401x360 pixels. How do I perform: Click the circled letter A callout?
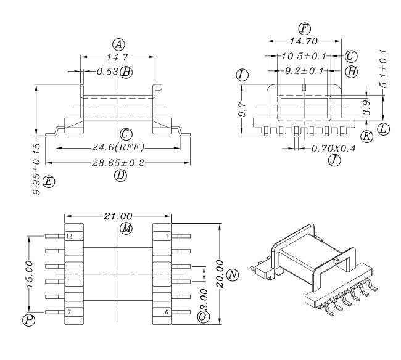pyautogui.click(x=118, y=45)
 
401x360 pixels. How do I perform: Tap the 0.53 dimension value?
pyautogui.click(x=108, y=72)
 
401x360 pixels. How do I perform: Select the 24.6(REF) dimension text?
pyautogui.click(x=118, y=147)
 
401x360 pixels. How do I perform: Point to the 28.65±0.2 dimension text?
pyautogui.click(x=118, y=163)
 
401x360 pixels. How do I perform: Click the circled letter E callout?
pyautogui.click(x=49, y=182)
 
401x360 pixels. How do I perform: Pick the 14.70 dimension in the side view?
pyautogui.click(x=304, y=41)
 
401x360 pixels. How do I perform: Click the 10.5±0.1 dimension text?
pyautogui.click(x=304, y=56)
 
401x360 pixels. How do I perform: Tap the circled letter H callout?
pyautogui.click(x=352, y=72)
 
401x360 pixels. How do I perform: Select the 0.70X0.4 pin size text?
pyautogui.click(x=334, y=149)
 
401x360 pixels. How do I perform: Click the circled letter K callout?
pyautogui.click(x=366, y=136)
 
